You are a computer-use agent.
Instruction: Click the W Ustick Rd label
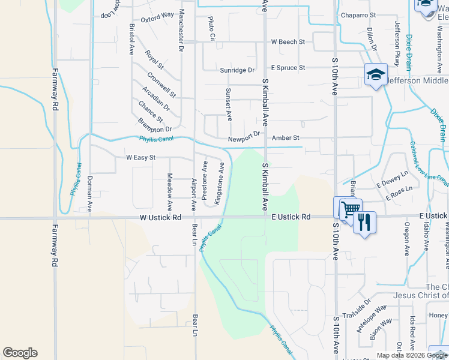point(160,217)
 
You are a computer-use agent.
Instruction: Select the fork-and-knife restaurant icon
point(364,222)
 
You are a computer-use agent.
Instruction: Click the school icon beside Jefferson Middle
point(376,75)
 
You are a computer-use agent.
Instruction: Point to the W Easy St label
point(140,157)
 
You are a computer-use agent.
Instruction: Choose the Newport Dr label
point(244,139)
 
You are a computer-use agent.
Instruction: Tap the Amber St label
point(286,138)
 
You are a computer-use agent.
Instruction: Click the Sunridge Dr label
point(237,70)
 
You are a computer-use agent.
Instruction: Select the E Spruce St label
point(288,68)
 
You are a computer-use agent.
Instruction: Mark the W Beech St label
point(288,42)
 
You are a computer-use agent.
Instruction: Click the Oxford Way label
point(157,16)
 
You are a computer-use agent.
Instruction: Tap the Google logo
point(20,353)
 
